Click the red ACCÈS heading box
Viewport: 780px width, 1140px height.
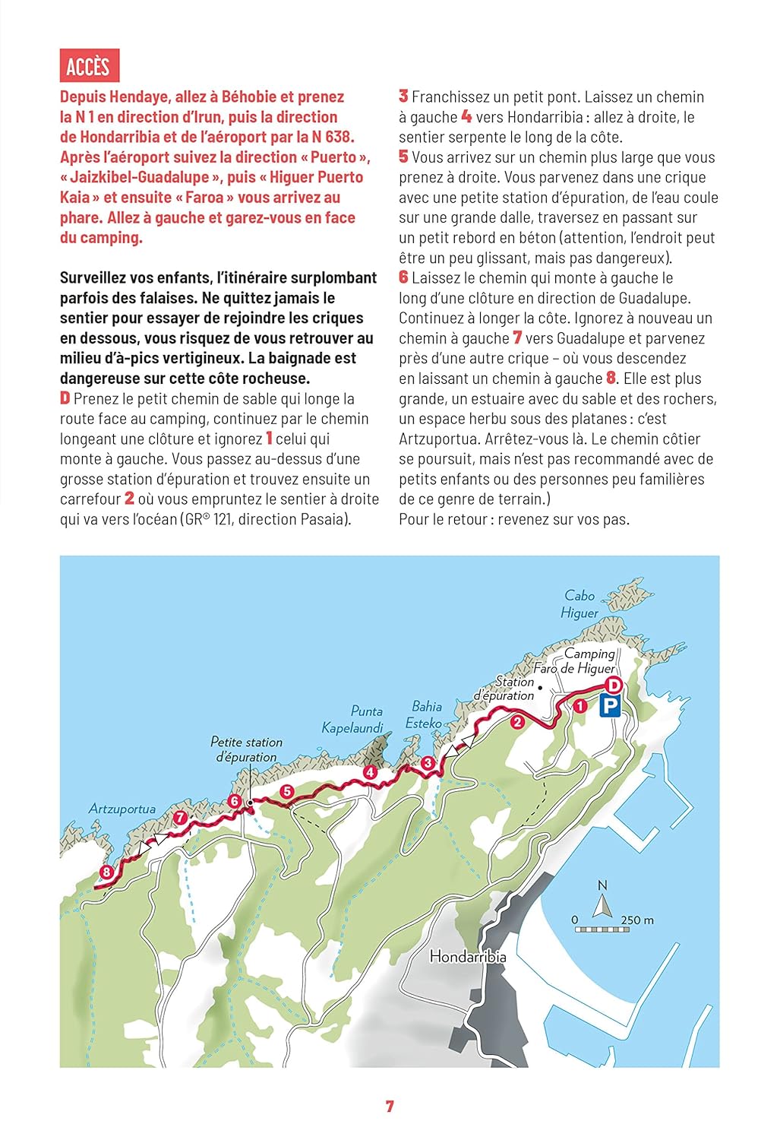pyautogui.click(x=89, y=66)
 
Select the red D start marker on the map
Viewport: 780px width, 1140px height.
pyautogui.click(x=614, y=686)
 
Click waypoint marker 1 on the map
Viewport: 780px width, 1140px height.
pyautogui.click(x=579, y=706)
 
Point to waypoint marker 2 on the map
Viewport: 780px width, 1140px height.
pyautogui.click(x=517, y=722)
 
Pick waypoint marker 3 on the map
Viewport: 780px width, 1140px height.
pyautogui.click(x=428, y=763)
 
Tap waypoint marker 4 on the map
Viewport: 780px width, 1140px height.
pyautogui.click(x=370, y=772)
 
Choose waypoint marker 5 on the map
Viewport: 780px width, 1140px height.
pyautogui.click(x=286, y=791)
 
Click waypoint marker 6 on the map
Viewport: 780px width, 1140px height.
pyautogui.click(x=234, y=801)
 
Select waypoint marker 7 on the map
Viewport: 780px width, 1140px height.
pyautogui.click(x=180, y=819)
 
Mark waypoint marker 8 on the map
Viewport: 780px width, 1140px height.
pyautogui.click(x=106, y=872)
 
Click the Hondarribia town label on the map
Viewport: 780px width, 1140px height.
pyautogui.click(x=467, y=957)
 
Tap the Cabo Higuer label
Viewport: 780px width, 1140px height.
pyautogui.click(x=579, y=604)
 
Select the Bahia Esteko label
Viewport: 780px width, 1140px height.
pyautogui.click(x=425, y=714)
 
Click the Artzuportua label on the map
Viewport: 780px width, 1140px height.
pyautogui.click(x=122, y=809)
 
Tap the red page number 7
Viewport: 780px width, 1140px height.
pyautogui.click(x=390, y=1107)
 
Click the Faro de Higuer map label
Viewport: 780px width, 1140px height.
pyautogui.click(x=573, y=669)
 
